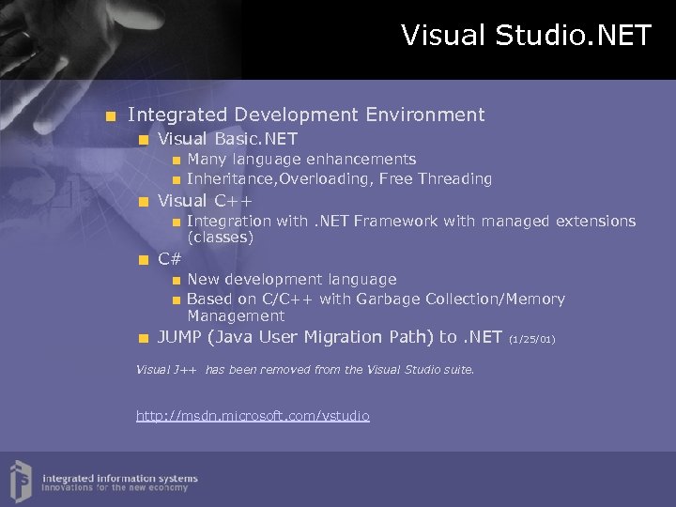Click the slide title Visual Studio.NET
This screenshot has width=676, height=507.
point(526,36)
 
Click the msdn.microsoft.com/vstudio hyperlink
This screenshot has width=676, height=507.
point(253,415)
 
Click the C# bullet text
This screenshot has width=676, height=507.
point(170,258)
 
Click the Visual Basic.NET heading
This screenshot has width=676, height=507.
point(227,139)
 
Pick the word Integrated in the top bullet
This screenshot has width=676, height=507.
point(177,115)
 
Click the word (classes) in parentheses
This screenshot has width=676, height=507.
point(220,238)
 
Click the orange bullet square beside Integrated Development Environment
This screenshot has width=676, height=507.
point(112,116)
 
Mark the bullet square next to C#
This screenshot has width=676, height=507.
point(143,259)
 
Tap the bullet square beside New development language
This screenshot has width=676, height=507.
point(176,280)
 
